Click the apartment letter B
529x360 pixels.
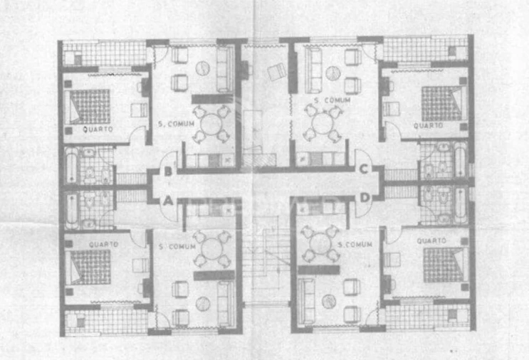point(168,171)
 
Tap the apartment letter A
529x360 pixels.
point(168,201)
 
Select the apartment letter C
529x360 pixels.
point(363,169)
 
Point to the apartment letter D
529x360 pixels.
point(365,198)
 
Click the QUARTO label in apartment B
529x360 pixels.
point(98,129)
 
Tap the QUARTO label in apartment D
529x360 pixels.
point(431,240)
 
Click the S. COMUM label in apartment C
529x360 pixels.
point(332,100)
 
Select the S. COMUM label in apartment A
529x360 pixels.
point(177,247)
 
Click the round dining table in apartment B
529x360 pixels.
point(211,125)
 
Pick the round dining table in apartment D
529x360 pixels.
point(321,243)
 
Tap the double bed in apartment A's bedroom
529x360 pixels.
point(90,267)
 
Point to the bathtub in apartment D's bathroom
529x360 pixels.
point(460,206)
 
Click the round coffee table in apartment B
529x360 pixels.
point(203,68)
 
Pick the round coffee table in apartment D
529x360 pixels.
point(328,301)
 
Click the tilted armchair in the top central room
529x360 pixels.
point(277,72)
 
